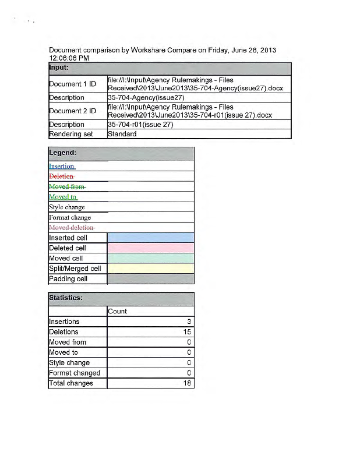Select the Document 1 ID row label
[72, 84]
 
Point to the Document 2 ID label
[72, 111]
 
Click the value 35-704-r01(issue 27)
[140, 125]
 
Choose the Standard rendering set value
[122, 134]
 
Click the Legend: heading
[63, 153]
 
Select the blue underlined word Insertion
[62, 166]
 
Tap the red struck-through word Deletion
[62, 176]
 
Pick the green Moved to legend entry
[63, 197]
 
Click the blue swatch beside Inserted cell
[150, 238]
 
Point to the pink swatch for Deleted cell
[150, 248]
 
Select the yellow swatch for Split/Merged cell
[150, 269]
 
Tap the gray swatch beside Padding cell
[150, 279]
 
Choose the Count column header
[117, 311]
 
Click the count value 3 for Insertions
[189, 322]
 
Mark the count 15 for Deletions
[188, 332]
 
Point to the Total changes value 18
[188, 383]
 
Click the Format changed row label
[75, 373]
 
